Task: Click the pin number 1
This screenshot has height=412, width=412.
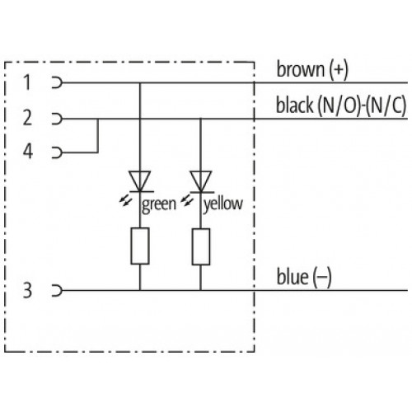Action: [x=27, y=82]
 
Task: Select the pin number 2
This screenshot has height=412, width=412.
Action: [x=27, y=118]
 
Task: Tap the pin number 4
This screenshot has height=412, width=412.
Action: [x=28, y=152]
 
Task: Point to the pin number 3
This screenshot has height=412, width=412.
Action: [x=27, y=290]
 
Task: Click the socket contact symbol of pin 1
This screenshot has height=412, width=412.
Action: [x=58, y=82]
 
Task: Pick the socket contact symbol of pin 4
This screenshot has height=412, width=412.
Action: [x=58, y=152]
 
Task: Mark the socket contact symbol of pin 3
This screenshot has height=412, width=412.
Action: [x=58, y=290]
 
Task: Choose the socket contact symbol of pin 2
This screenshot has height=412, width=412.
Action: [x=58, y=119]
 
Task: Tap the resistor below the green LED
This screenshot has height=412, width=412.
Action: [x=140, y=246]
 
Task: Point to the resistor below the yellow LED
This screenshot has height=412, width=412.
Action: [x=201, y=246]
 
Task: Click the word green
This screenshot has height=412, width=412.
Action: [x=159, y=204]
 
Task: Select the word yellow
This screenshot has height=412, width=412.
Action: [x=223, y=204]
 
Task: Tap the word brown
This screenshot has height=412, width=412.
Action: [x=300, y=69]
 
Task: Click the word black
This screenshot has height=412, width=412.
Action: [x=294, y=105]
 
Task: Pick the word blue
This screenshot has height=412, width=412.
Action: [x=293, y=277]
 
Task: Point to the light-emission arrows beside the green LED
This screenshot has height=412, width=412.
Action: [x=125, y=201]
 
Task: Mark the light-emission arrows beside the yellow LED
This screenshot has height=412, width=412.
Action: [x=187, y=201]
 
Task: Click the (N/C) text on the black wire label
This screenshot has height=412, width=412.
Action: [x=387, y=105]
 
